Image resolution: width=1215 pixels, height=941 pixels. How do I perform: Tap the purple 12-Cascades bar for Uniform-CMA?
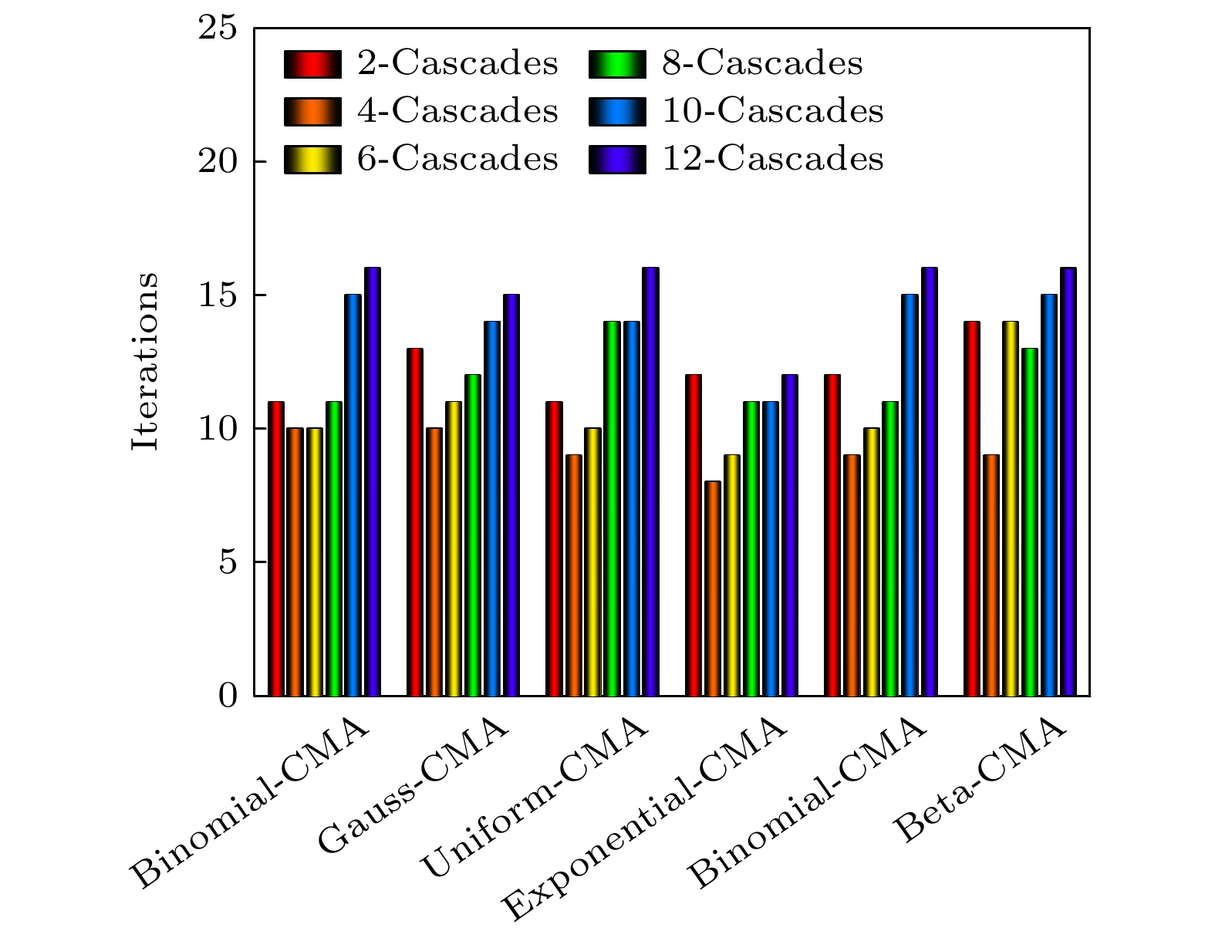[x=650, y=481]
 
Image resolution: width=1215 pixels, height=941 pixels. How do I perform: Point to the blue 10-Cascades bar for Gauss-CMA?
[x=492, y=508]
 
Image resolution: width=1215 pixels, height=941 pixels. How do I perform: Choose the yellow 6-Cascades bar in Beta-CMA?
[x=1011, y=508]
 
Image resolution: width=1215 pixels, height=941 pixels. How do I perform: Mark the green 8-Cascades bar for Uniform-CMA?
[x=612, y=508]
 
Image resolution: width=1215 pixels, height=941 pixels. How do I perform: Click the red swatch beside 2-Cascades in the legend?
[x=312, y=64]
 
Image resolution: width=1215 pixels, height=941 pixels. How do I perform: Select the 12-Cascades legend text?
[x=773, y=159]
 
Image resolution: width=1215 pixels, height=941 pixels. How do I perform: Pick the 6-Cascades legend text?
[x=457, y=159]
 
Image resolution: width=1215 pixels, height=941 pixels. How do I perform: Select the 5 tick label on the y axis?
[x=226, y=562]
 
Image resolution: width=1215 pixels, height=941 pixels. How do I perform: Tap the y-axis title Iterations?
[x=145, y=361]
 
